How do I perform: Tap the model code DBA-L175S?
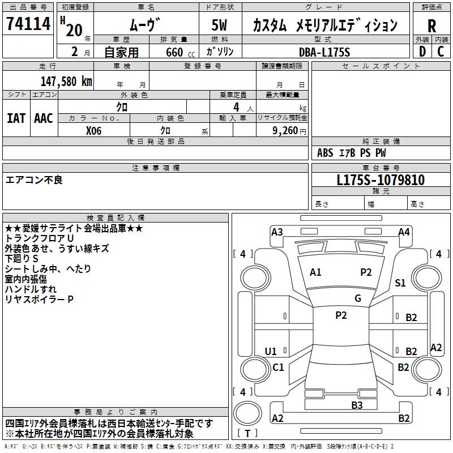324,52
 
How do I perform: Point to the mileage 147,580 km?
66,81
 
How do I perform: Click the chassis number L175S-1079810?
381,180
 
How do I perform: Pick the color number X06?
94,130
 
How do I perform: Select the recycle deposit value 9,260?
281,130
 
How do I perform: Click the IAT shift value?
16,118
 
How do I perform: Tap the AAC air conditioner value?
43,118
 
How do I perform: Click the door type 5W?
220,25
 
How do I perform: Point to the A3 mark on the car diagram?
277,232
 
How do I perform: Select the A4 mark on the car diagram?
404,232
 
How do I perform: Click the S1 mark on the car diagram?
400,283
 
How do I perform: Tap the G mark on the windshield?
358,298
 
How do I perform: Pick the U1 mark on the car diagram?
271,352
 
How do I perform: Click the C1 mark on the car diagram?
278,367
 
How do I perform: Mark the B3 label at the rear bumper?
357,405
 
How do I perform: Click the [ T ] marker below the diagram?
247,433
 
